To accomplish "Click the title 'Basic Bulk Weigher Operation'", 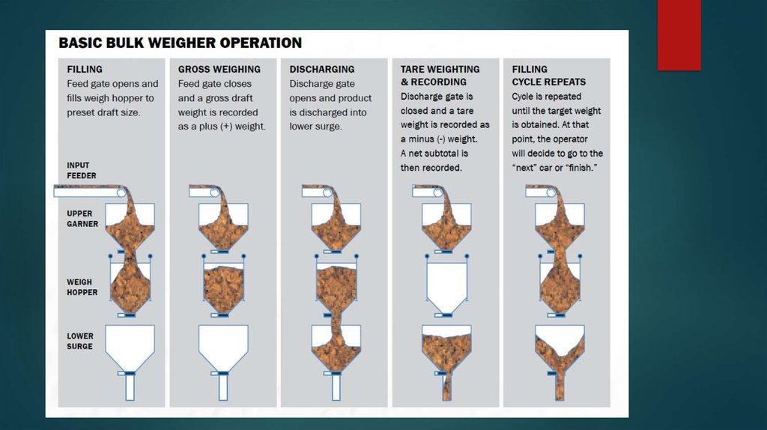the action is pos(180,43).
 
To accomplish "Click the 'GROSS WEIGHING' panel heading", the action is pos(219,70).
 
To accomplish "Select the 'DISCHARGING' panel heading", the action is pos(322,70).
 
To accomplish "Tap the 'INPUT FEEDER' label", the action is pos(82,170).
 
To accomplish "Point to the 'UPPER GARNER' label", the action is pos(82,219).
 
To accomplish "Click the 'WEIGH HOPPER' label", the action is pos(82,287).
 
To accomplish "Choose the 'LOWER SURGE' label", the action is pos(79,341).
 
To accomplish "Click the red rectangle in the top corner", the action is pos(679,34).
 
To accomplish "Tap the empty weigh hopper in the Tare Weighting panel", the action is pos(446,287).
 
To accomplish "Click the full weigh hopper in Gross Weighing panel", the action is pos(223,288).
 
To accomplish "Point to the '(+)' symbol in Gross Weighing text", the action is pos(226,126).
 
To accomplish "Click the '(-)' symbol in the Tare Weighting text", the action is pos(441,139).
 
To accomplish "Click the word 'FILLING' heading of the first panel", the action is pos(85,70).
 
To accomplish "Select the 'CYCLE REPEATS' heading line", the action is pos(549,82).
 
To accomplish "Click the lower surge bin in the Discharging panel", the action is pos(336,348).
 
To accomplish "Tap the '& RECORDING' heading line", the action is pos(434,82).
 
